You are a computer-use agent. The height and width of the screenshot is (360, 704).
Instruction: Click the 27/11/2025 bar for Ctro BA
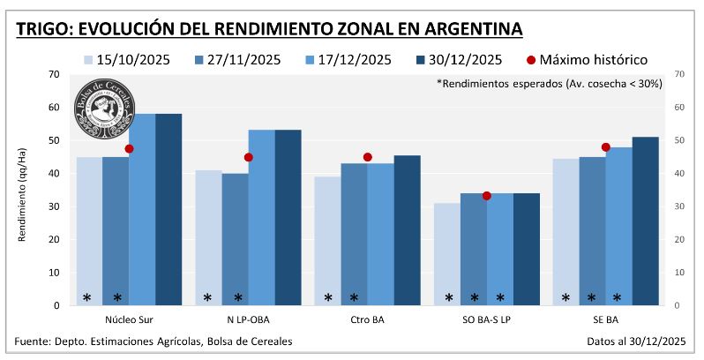tap(355, 234)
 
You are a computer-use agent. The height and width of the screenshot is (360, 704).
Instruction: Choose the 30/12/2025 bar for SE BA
tap(645, 221)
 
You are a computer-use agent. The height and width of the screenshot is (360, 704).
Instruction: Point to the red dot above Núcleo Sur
tap(129, 149)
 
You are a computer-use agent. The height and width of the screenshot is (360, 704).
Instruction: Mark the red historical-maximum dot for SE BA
tap(605, 147)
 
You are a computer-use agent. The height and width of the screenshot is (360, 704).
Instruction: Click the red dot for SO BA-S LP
tap(486, 195)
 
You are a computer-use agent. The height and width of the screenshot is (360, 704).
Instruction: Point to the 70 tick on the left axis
tap(55, 74)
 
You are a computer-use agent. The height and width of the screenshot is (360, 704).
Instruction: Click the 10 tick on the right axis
tap(678, 273)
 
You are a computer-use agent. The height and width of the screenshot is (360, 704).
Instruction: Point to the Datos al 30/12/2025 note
tap(635, 341)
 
